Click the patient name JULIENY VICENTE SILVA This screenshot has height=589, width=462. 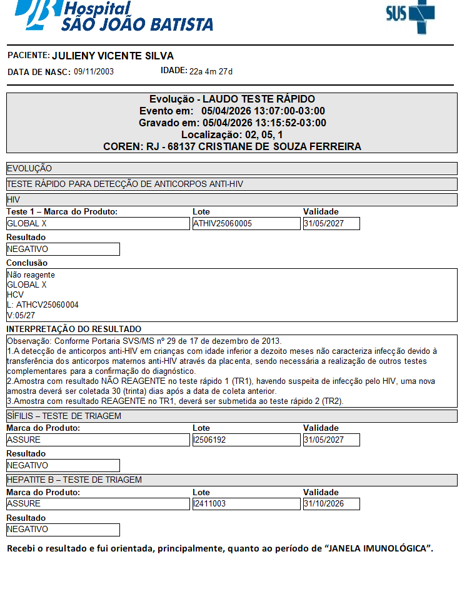click(113, 56)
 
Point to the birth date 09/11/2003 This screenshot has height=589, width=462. click(94, 72)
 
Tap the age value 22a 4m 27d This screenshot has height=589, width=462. click(211, 71)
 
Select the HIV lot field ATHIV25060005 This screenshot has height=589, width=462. click(246, 223)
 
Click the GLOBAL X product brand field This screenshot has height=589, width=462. click(98, 223)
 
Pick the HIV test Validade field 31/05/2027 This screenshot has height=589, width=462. click(331, 223)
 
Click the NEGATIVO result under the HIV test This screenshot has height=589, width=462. click(63, 249)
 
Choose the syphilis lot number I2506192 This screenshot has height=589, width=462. click(246, 440)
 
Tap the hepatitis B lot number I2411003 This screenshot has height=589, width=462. click(246, 503)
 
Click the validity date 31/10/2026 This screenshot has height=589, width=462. click(331, 503)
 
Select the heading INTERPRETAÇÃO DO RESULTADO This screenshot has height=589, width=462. click(74, 329)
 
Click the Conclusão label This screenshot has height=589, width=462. click(27, 263)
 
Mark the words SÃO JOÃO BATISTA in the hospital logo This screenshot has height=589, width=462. click(137, 24)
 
